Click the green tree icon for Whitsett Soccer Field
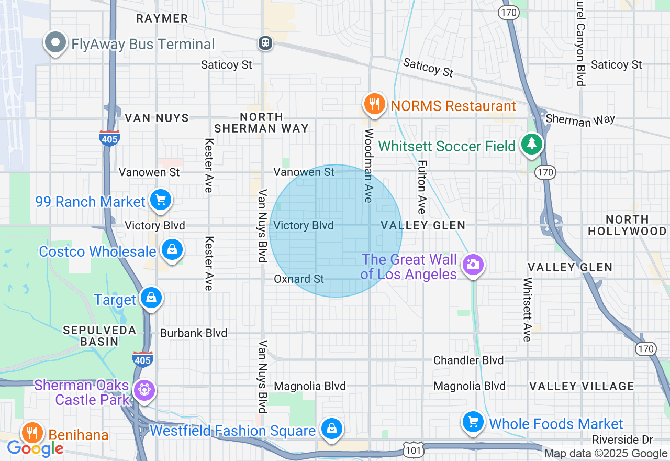pyautogui.click(x=532, y=144)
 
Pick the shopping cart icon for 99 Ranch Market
pyautogui.click(x=161, y=200)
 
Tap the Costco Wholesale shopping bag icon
pyautogui.click(x=172, y=250)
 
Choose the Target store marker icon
pyautogui.click(x=151, y=298)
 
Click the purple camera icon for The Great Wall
pyautogui.click(x=473, y=265)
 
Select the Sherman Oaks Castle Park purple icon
pyautogui.click(x=143, y=390)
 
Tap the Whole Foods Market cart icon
pyautogui.click(x=473, y=422)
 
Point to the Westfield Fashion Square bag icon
pyautogui.click(x=331, y=429)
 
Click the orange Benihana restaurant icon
pyautogui.click(x=32, y=433)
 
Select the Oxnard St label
pyautogui.click(x=299, y=279)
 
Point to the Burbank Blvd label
pyautogui.click(x=194, y=333)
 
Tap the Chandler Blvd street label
pyautogui.click(x=468, y=360)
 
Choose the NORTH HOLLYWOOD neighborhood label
pyautogui.click(x=627, y=225)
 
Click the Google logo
pyautogui.click(x=35, y=448)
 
